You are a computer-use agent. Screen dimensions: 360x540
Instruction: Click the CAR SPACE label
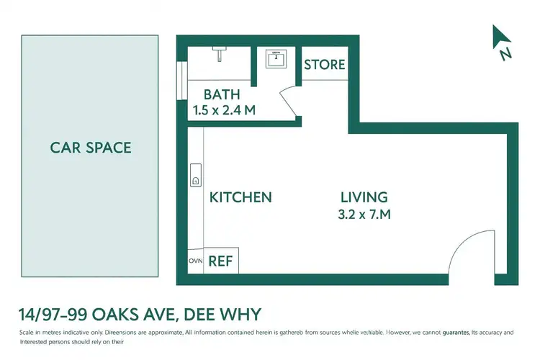coord(91,148)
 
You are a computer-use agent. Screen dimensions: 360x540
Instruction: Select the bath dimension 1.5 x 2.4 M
coord(225,110)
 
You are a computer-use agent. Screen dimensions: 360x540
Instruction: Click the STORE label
coord(324,65)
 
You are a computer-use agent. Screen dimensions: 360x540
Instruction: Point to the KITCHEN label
coord(240,197)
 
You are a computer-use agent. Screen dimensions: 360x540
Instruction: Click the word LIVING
coord(364,197)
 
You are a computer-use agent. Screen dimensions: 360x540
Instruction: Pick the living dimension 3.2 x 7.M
coord(365,214)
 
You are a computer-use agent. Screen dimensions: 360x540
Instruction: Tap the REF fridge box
coord(221,261)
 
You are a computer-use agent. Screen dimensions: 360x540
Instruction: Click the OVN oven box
coord(195,261)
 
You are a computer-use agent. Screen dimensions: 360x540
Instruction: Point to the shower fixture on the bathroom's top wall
coord(219,53)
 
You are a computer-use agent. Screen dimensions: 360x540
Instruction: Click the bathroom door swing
coord(289,100)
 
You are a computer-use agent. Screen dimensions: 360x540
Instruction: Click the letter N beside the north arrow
coord(506,53)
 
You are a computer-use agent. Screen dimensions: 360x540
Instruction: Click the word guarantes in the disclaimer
coord(449,332)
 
